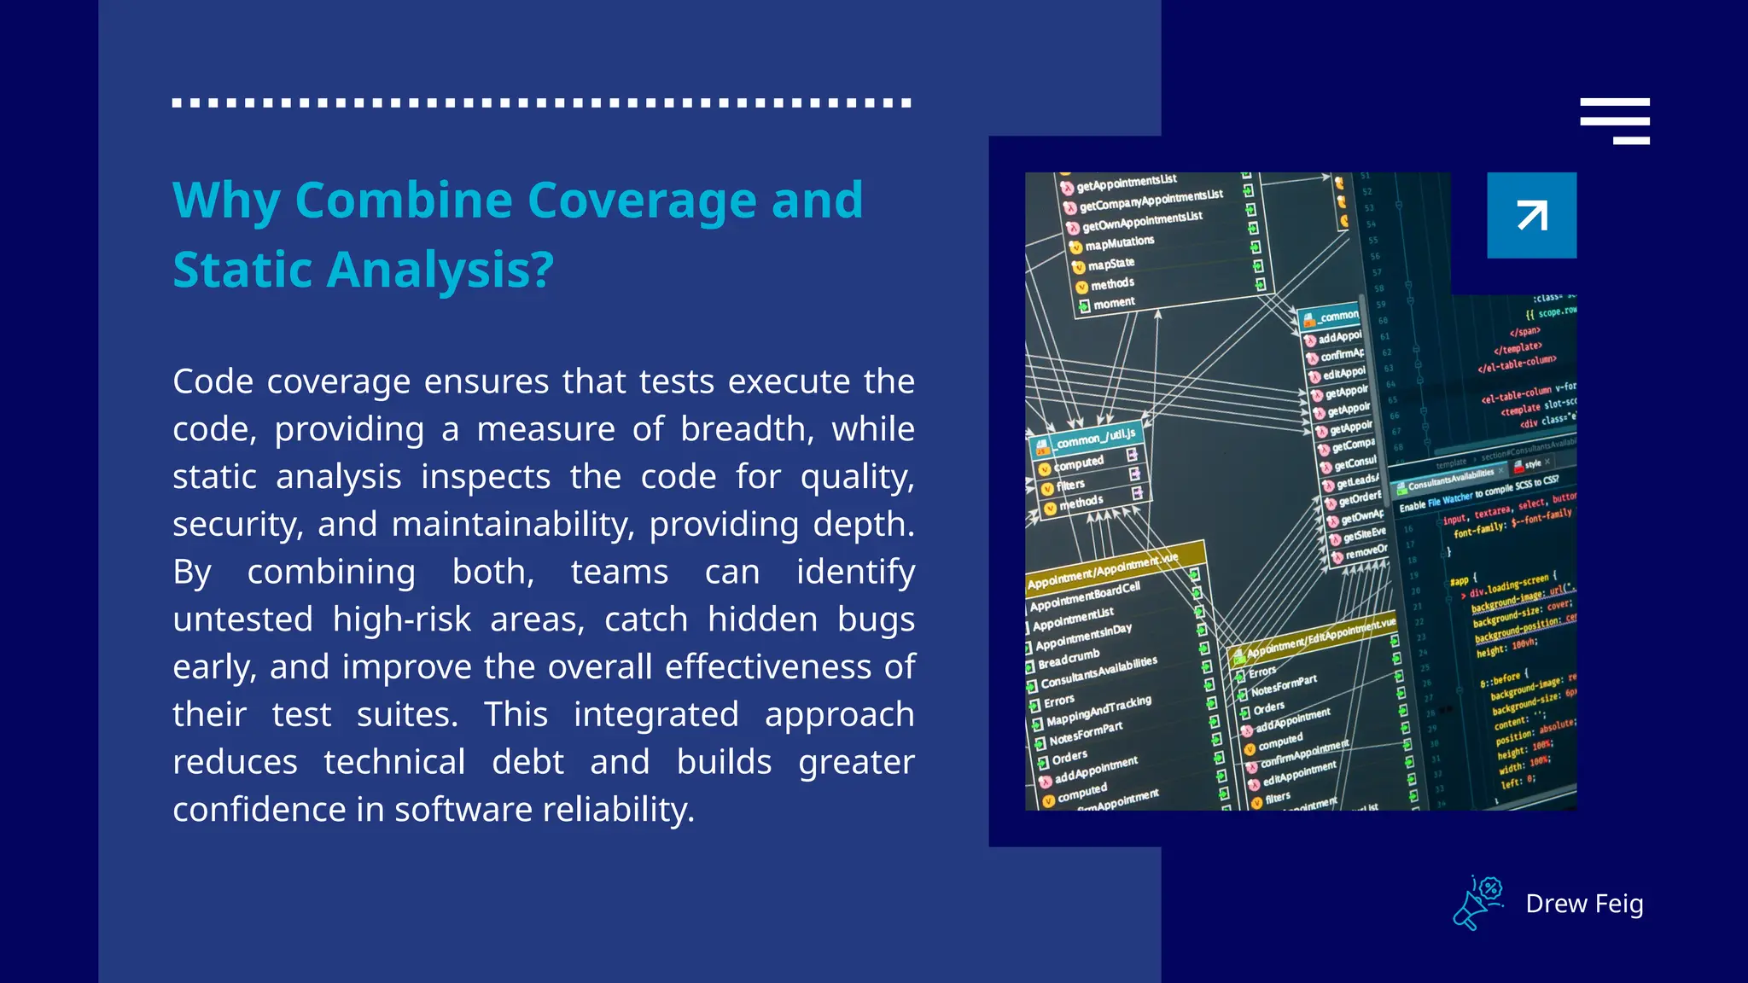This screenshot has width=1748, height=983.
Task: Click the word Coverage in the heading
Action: click(642, 201)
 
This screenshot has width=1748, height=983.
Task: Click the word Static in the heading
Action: click(242, 270)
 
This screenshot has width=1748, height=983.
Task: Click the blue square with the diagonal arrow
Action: click(1531, 215)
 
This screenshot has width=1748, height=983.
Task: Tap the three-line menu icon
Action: click(1614, 120)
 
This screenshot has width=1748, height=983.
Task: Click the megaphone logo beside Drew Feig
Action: click(1478, 903)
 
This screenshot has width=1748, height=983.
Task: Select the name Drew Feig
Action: click(1584, 904)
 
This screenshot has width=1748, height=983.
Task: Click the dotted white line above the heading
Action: click(541, 102)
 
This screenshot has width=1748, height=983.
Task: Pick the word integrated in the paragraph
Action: click(655, 714)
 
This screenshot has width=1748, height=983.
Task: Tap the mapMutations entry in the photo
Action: click(1119, 243)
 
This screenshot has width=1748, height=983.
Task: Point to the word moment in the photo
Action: click(1113, 303)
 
